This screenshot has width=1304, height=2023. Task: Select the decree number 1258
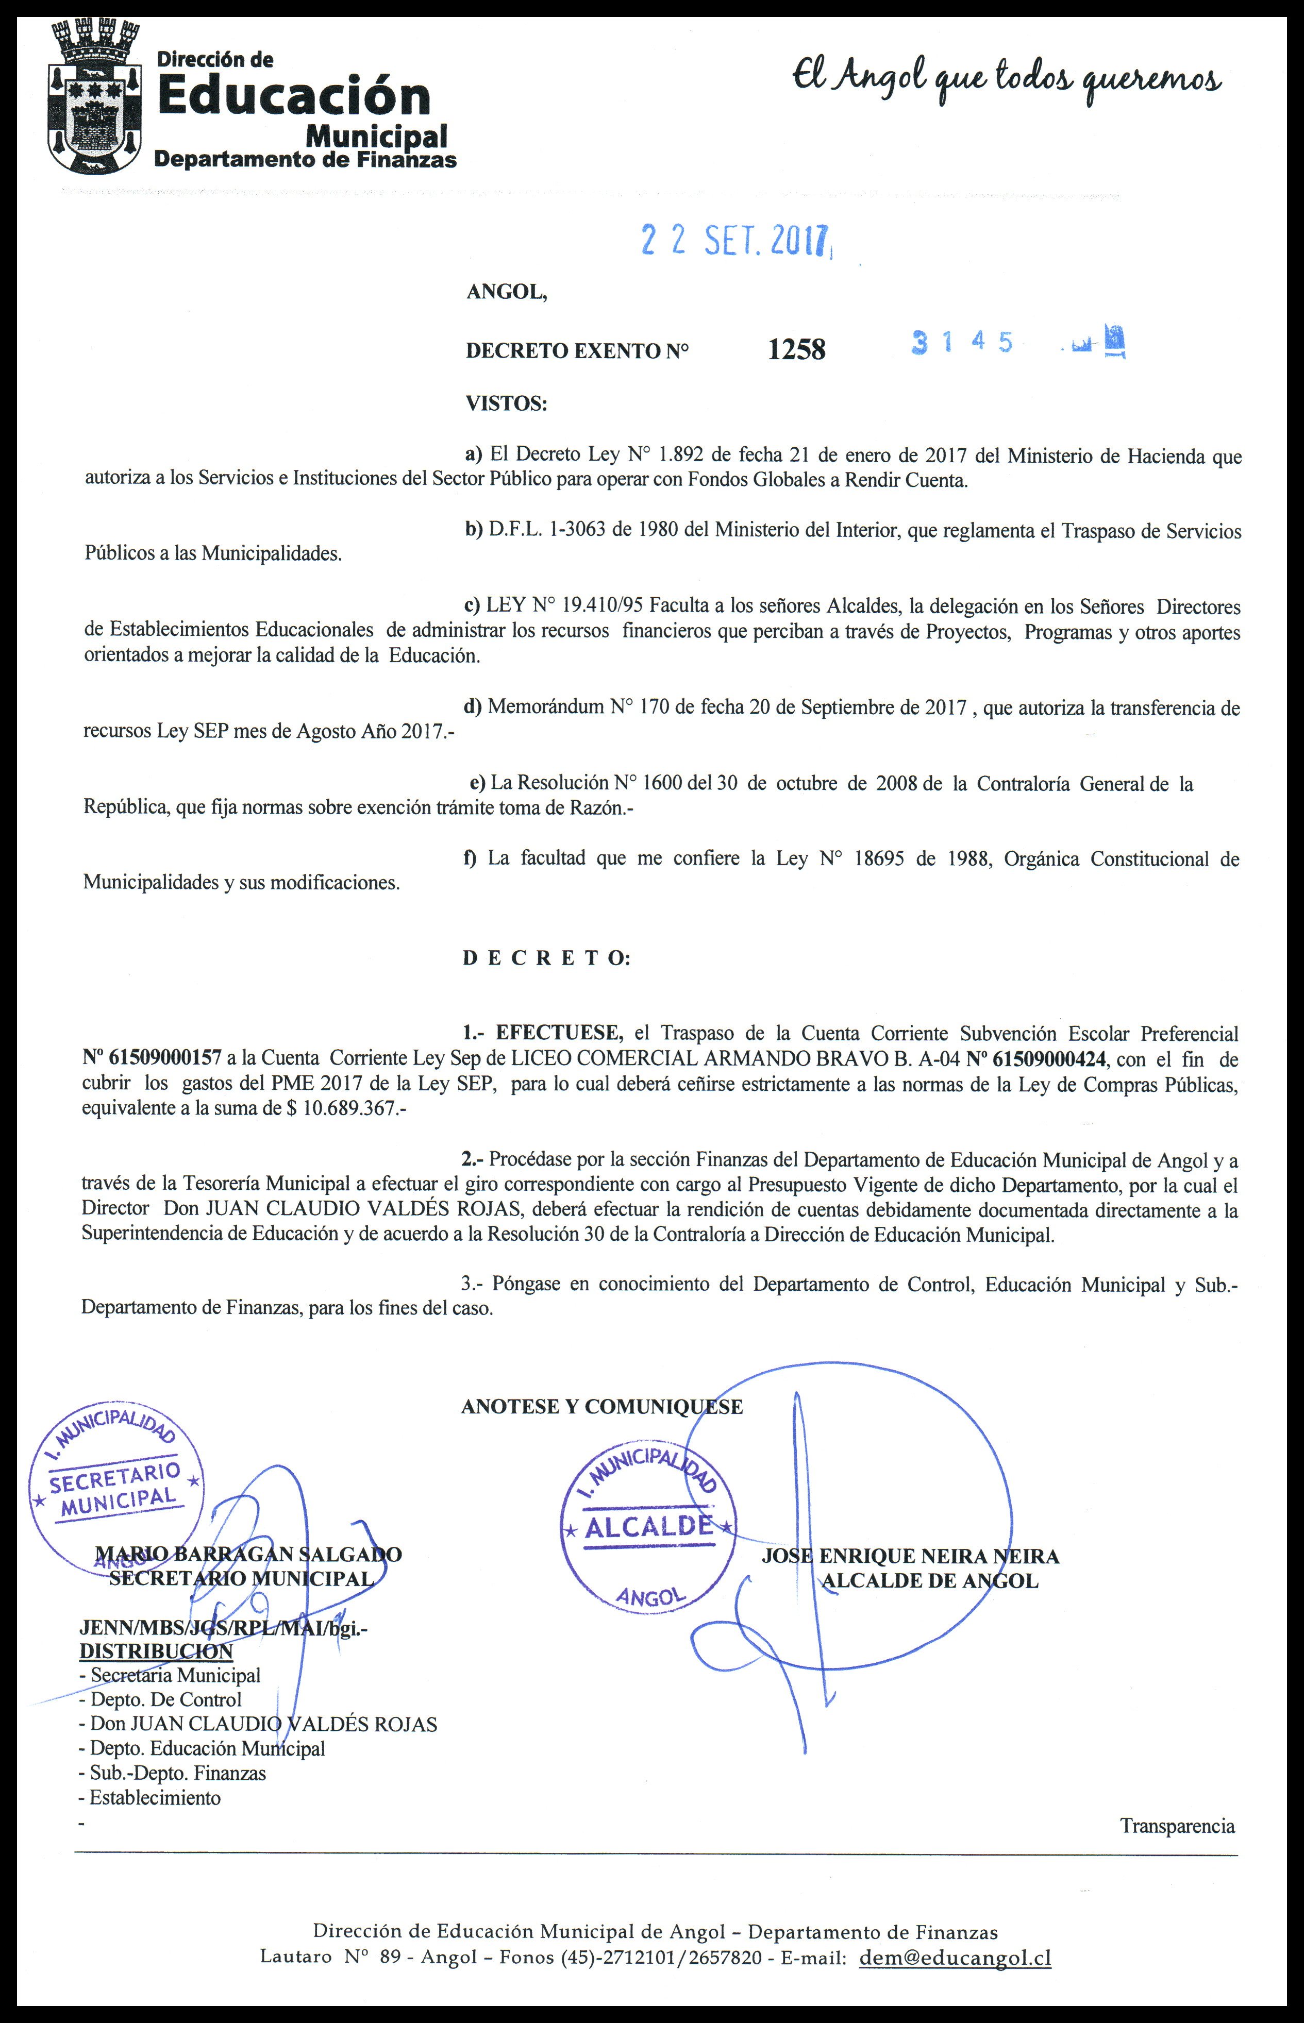[x=796, y=349]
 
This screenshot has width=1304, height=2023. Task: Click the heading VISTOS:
[x=506, y=403]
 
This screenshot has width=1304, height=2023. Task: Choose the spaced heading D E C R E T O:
[x=546, y=958]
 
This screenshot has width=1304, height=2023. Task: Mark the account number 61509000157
[x=153, y=1058]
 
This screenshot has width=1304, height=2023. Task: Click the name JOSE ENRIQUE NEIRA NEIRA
[x=910, y=1556]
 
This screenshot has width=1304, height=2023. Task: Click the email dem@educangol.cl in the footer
[x=955, y=1958]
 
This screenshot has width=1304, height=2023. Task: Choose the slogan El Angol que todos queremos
[x=1006, y=80]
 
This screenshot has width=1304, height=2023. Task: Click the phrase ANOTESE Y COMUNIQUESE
[x=602, y=1407]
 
